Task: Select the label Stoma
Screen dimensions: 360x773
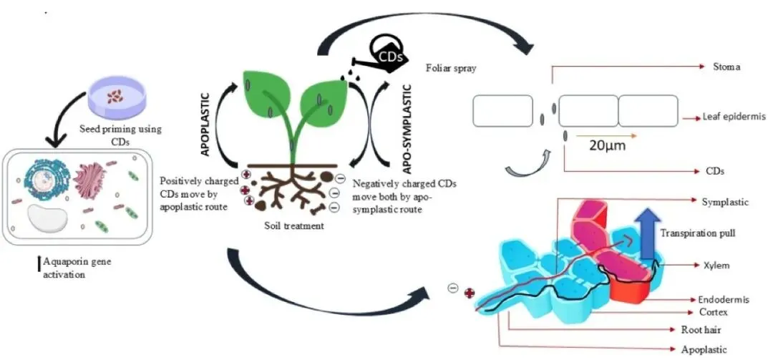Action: (x=726, y=67)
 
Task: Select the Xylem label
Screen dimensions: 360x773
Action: (x=715, y=266)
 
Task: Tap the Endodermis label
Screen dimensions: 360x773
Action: (x=724, y=299)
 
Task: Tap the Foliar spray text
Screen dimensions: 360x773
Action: (x=451, y=69)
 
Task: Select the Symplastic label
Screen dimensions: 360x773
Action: (x=725, y=203)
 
